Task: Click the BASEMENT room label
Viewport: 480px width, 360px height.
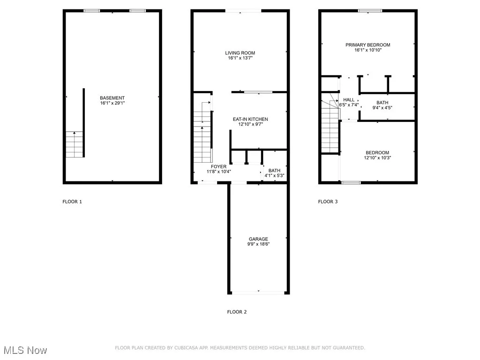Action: (112, 98)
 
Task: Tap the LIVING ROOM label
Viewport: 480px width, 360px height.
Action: (240, 53)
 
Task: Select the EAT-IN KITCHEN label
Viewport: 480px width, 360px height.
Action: (250, 120)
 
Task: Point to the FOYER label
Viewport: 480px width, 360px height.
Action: (218, 167)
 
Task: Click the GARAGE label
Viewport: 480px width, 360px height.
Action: (258, 239)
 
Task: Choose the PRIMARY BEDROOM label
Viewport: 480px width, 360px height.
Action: (367, 45)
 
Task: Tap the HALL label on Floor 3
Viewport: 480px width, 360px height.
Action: (349, 100)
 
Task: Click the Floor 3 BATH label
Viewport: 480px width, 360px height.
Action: (382, 103)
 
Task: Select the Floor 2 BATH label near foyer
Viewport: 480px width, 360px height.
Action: (274, 171)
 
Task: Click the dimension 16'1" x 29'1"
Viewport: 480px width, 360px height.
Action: (112, 103)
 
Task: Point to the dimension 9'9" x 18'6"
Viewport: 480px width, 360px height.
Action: (258, 244)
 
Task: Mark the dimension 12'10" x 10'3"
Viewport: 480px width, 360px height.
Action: (377, 158)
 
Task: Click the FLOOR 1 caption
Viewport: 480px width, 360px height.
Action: (72, 202)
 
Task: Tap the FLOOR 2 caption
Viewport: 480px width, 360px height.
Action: (237, 312)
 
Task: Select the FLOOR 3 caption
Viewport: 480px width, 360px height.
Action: (328, 202)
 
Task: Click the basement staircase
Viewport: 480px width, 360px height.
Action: (75, 144)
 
